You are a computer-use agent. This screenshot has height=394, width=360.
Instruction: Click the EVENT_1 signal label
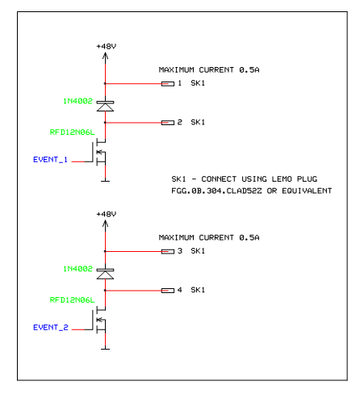point(50,160)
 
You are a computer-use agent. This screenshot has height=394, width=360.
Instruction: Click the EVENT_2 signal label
point(51,327)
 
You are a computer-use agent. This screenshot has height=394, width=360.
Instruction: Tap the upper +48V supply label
point(107,46)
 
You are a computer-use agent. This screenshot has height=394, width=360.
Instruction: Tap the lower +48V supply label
point(107,214)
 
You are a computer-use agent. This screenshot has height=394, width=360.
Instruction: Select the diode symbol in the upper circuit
point(105,106)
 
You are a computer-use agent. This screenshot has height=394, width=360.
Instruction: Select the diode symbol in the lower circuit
point(105,274)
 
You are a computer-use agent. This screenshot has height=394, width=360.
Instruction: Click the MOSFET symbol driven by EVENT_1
point(98,152)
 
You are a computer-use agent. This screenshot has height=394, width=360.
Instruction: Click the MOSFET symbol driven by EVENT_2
point(98,320)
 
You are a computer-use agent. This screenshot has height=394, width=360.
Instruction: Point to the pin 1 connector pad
point(168,84)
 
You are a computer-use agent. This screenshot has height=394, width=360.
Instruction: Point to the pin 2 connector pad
point(168,123)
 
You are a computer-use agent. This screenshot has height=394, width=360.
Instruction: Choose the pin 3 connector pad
point(168,252)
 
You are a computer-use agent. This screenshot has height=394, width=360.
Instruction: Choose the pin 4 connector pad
point(168,291)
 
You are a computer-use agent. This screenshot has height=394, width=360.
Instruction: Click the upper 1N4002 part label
point(77,101)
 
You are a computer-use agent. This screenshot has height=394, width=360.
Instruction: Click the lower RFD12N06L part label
point(72,300)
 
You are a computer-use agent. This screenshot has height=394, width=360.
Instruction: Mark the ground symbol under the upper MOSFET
point(105,181)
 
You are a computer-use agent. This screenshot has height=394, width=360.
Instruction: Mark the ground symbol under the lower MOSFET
point(105,349)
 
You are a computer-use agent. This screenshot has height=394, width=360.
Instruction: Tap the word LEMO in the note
point(282,179)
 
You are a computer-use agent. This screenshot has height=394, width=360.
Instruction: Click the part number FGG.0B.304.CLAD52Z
point(216,191)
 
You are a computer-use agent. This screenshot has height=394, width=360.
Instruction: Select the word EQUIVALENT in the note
point(307,191)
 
